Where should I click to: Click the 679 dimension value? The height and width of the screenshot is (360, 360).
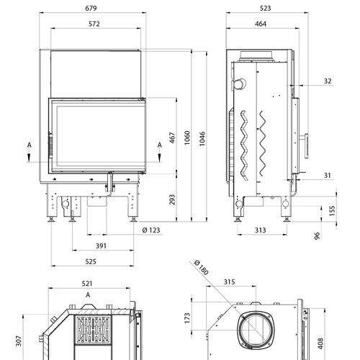(91, 8)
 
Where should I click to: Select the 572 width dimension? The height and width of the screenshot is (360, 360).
(94, 24)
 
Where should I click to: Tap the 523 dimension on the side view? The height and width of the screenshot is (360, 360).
(265, 8)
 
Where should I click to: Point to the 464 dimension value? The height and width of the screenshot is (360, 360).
(261, 24)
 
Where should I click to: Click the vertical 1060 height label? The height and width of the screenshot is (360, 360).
(187, 138)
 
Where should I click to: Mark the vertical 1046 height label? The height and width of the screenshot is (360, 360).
(202, 138)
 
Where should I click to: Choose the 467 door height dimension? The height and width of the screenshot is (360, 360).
(172, 138)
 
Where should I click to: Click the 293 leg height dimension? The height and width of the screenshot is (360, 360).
(172, 199)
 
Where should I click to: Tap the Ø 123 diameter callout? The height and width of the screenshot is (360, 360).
(151, 230)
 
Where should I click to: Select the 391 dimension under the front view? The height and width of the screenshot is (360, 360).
(101, 246)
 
